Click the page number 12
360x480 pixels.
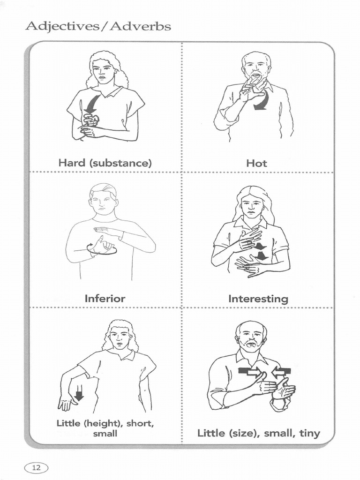(36, 467)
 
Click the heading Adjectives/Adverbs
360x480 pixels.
(98, 26)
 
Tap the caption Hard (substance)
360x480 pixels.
(105, 163)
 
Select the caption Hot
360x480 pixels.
(256, 163)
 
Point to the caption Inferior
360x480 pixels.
(105, 299)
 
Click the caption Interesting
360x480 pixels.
(258, 299)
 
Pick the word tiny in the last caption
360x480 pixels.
(310, 433)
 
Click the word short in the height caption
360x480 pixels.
(141, 424)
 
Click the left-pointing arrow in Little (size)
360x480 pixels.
(281, 372)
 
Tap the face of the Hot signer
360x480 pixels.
(256, 67)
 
